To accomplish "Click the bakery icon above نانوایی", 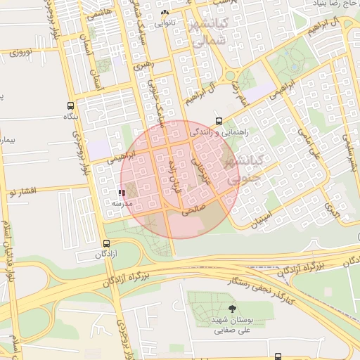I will (165, 13).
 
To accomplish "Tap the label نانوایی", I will (163, 22).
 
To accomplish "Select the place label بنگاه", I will (70, 116).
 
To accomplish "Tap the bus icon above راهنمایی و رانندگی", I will (219, 120).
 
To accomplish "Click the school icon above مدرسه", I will (122, 192).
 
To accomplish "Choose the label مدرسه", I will (123, 203).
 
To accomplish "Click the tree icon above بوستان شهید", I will (233, 308).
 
